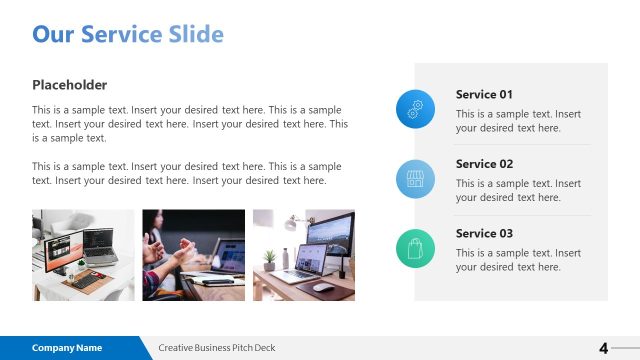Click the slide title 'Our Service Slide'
point(128,35)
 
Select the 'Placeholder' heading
point(69,85)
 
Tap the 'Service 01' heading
point(484,95)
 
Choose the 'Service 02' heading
point(484,164)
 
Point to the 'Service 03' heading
point(484,233)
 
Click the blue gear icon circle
point(415,109)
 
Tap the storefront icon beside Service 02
point(415,178)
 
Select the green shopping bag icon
point(415,247)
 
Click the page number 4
point(603,348)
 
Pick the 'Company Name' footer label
point(67,348)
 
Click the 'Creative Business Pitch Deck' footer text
point(217,348)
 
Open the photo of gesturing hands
point(193,255)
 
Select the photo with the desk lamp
point(303,255)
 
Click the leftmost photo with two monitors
point(83,255)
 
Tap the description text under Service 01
point(518,121)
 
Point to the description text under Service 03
point(518,260)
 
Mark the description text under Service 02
point(518,190)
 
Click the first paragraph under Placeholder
point(190,124)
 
